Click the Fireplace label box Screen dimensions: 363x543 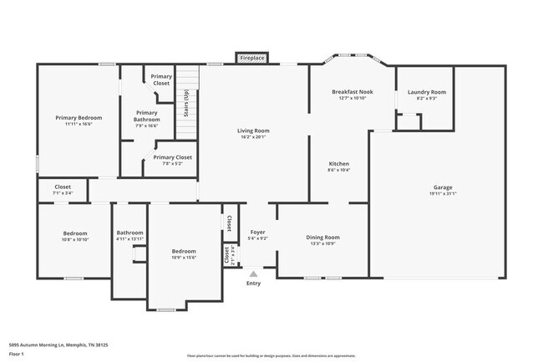(252, 59)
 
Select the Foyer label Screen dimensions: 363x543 (257, 233)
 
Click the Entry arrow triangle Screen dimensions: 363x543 (254, 272)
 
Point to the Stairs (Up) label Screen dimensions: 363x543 (185, 107)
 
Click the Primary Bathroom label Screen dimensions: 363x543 (146, 116)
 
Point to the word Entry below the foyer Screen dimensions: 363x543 (253, 283)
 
